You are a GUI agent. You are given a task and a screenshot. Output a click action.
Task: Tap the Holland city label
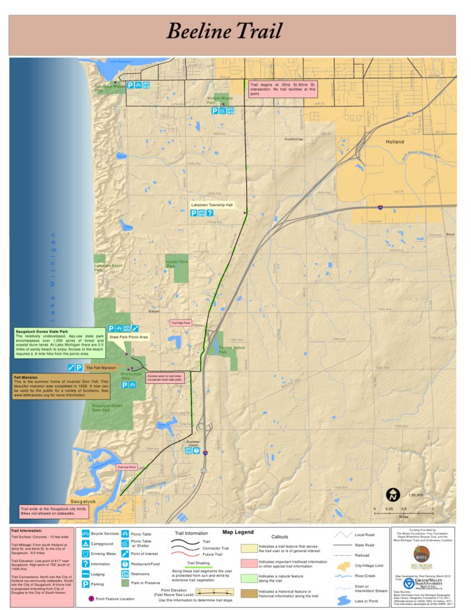394,141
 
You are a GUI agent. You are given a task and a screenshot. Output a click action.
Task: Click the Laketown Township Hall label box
212,205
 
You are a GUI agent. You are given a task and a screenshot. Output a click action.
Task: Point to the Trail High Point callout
180,323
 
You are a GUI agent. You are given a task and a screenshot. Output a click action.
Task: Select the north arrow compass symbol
393,495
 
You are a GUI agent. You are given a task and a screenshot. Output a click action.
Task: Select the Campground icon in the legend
85,543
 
